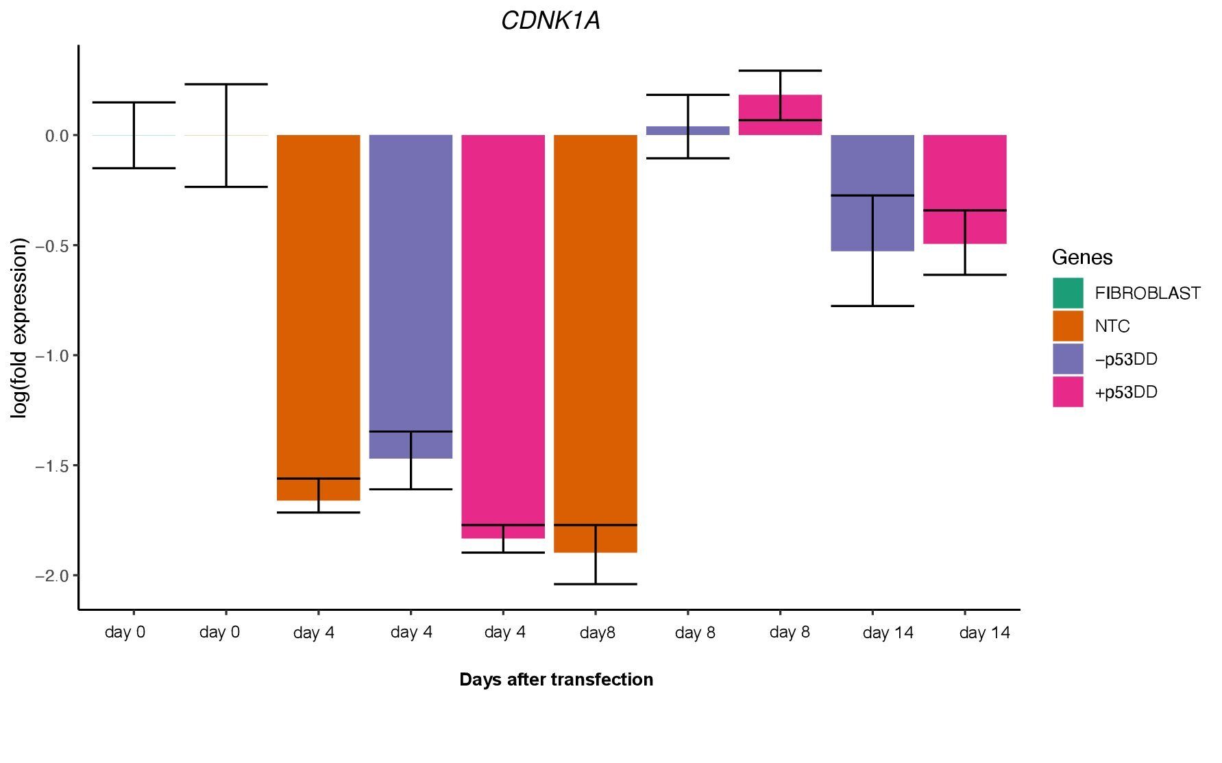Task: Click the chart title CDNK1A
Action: tap(550, 21)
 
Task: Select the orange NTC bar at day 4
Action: tap(318, 308)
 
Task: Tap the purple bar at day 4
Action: tap(411, 288)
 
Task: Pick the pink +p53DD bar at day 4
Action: tap(503, 329)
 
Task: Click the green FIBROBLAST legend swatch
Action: tap(1068, 293)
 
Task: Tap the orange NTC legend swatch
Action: tap(1068, 326)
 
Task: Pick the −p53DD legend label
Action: tap(1126, 359)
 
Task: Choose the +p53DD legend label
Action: tap(1126, 392)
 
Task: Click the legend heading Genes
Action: tap(1082, 257)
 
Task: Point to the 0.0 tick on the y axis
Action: tap(57, 136)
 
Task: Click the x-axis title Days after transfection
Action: tap(556, 679)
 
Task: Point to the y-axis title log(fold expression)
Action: tap(19, 328)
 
